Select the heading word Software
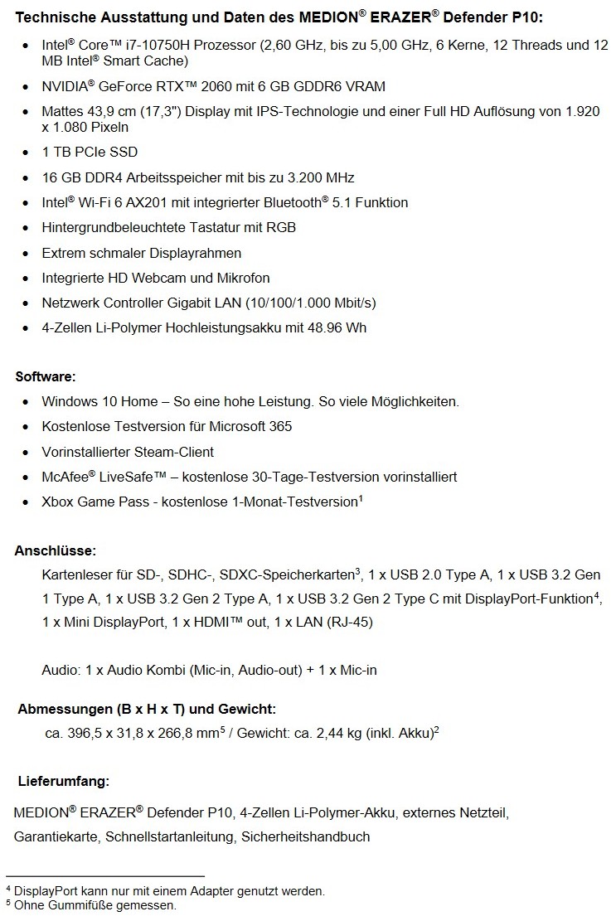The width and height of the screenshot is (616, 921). [45, 377]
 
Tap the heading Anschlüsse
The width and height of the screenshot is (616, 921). [56, 550]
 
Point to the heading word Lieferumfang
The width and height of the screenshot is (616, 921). [64, 781]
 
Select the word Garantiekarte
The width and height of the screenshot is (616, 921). [56, 836]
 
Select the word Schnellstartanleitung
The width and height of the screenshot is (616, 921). [170, 836]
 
